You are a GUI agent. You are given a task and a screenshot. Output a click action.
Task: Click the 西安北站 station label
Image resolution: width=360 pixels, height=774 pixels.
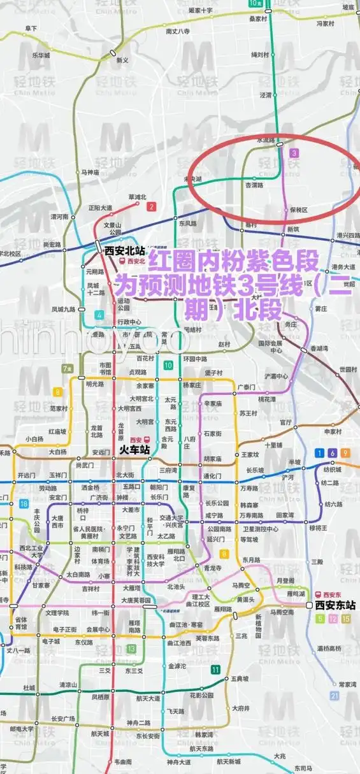tap(124, 250)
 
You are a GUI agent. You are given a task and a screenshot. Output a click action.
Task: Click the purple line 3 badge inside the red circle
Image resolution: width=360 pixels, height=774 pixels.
tap(294, 153)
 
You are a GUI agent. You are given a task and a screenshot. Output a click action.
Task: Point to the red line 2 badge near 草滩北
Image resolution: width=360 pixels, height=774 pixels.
tap(152, 206)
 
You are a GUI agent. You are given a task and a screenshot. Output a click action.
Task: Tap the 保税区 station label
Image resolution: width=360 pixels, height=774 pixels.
tap(298, 210)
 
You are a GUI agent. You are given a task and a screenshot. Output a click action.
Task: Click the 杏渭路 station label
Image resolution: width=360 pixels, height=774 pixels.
tap(255, 185)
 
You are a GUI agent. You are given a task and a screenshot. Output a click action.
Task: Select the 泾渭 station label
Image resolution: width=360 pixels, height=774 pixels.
tap(266, 95)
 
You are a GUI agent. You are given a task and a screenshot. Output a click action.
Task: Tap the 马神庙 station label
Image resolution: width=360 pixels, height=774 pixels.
tap(90, 172)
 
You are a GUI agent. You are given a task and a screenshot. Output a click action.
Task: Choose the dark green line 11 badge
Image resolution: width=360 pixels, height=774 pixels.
tap(216, 669)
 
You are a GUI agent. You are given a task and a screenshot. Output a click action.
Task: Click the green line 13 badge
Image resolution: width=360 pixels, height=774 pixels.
tap(131, 649)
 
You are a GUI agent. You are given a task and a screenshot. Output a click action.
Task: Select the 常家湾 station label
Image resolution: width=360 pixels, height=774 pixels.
tap(347, 684)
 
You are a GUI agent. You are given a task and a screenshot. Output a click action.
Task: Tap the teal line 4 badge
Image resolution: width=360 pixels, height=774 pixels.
tap(99, 315)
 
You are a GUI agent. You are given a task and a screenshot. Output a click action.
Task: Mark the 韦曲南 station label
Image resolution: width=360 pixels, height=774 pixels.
tap(122, 762)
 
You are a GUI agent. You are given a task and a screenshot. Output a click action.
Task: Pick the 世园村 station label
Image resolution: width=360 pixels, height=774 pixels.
tap(349, 369)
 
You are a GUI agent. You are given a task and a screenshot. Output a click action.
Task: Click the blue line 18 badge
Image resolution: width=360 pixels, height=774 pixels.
tap(24, 504)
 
